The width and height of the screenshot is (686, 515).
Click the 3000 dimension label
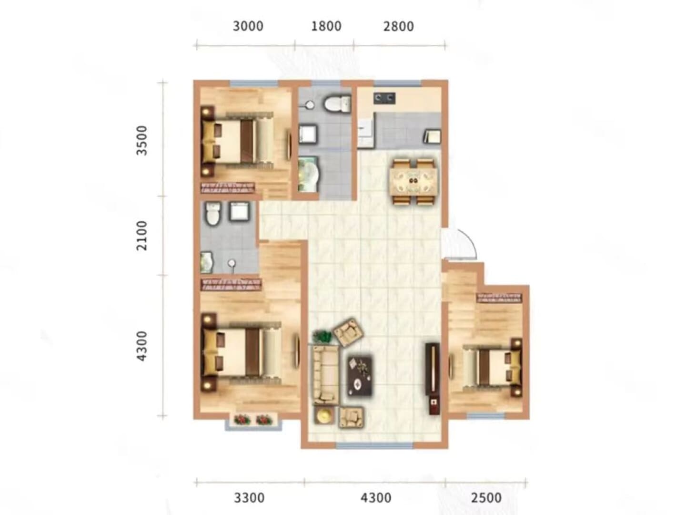point(248,26)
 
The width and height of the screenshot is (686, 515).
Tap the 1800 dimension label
point(326,26)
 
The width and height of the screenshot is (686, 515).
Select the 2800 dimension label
point(398,26)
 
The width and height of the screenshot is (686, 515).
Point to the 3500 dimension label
point(142,140)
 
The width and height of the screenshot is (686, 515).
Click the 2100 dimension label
point(142,236)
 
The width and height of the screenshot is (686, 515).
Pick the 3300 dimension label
point(249,498)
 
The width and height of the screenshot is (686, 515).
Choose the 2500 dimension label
point(486,498)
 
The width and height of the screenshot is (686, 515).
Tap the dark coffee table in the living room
point(360,376)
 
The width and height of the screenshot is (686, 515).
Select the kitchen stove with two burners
point(384,98)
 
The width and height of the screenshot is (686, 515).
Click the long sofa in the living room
point(326,375)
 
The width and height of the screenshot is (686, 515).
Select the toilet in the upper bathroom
point(338,103)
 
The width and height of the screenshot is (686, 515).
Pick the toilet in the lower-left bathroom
point(213,213)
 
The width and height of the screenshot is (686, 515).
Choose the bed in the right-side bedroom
point(492,367)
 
